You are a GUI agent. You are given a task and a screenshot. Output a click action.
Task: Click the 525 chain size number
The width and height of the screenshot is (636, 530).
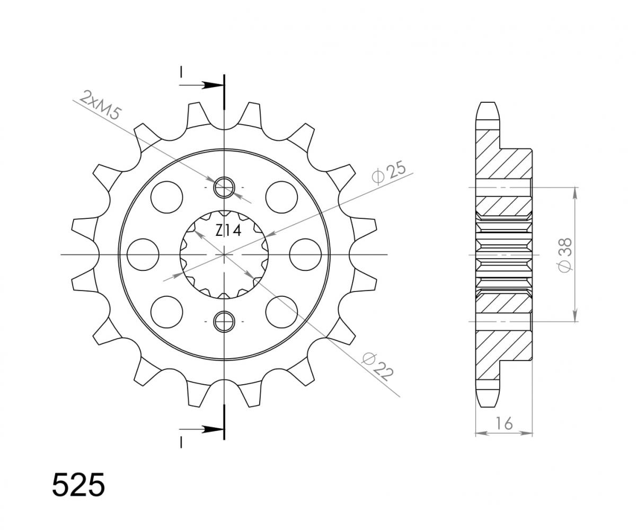[78, 484]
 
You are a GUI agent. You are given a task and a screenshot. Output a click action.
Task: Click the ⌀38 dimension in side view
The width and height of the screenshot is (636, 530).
[565, 255]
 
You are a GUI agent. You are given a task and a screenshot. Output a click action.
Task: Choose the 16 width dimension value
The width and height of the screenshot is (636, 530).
[504, 423]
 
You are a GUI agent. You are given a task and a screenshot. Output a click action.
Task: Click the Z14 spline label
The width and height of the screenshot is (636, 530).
[228, 231]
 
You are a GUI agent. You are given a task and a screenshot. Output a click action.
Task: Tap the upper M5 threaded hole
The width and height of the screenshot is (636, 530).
[224, 187]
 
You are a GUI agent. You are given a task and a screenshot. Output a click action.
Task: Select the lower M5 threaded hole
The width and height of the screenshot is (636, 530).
[224, 321]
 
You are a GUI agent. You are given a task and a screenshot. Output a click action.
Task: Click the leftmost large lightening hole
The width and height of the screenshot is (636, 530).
[143, 254]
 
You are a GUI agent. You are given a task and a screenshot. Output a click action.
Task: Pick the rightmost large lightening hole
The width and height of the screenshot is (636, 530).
[306, 254]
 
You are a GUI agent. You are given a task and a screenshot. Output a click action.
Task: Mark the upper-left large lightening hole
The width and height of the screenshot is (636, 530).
[166, 196]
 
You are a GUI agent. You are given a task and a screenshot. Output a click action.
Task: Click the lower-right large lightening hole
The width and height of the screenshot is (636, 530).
[281, 312]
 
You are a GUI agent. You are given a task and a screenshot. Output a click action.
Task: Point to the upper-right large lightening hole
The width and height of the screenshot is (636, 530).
[281, 196]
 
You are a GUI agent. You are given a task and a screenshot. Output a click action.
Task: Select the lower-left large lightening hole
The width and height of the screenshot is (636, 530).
[166, 312]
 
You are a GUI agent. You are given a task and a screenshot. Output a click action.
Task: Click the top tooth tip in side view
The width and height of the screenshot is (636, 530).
[488, 106]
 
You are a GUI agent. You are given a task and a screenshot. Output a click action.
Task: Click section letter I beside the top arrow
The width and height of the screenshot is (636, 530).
[181, 72]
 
